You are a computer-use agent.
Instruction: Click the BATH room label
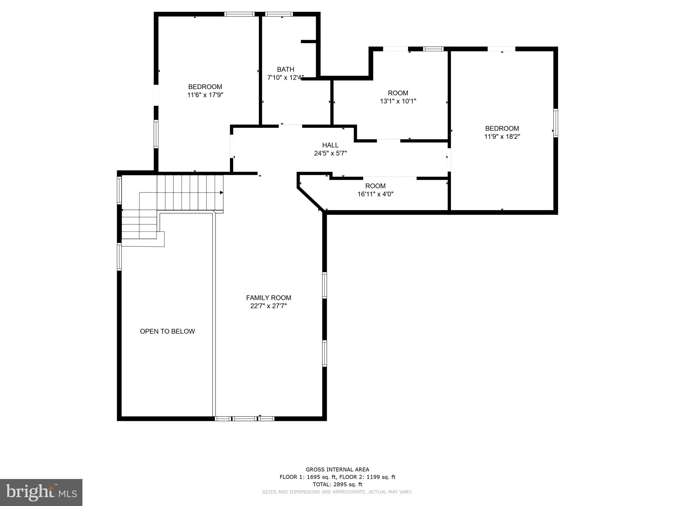285,70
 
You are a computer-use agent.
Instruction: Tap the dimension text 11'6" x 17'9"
205,95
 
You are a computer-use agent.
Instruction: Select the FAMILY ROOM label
269,298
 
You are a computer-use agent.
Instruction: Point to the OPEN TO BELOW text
167,331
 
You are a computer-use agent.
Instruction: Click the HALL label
330,145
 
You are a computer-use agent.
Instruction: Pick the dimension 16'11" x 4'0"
375,194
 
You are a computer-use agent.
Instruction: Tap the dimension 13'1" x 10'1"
398,101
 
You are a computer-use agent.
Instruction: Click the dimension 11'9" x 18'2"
502,137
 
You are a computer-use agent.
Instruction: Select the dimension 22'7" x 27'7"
269,306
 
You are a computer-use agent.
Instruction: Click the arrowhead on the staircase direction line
221,192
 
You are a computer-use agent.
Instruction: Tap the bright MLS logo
41,492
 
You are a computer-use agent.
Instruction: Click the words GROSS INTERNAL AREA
337,470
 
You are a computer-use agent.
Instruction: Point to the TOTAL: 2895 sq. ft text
337,484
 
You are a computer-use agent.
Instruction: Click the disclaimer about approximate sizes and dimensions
337,492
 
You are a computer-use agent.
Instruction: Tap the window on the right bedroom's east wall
555,123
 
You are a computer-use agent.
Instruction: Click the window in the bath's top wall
279,14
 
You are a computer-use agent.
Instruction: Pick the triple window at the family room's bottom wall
244,419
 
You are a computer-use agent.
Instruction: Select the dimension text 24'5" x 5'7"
330,154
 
